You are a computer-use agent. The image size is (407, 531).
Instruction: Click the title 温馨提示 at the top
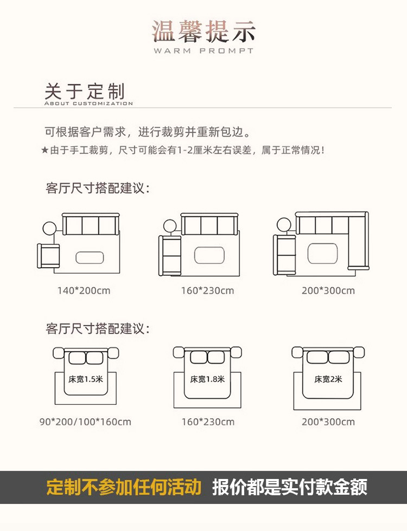pyautogui.click(x=203, y=32)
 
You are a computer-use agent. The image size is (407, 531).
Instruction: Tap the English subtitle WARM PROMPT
pyautogui.click(x=203, y=51)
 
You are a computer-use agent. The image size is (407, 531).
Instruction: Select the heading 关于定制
pyautogui.click(x=85, y=90)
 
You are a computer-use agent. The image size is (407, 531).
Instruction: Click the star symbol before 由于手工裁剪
pyautogui.click(x=44, y=150)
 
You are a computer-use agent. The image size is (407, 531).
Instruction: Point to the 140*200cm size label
pyautogui.click(x=84, y=290)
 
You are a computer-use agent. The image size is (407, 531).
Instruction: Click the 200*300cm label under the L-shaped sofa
pyautogui.click(x=328, y=290)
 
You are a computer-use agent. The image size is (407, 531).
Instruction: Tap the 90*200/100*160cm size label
pyautogui.click(x=85, y=422)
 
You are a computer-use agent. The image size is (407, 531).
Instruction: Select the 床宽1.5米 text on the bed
pyautogui.click(x=86, y=379)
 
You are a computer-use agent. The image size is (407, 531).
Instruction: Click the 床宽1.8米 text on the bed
pyautogui.click(x=207, y=379)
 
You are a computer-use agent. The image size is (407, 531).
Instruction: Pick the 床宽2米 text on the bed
pyautogui.click(x=328, y=379)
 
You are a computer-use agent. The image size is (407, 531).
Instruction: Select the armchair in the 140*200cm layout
pyautogui.click(x=48, y=255)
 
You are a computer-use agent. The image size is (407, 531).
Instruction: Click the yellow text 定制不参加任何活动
pyautogui.click(x=124, y=487)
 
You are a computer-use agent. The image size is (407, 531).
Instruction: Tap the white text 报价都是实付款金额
pyautogui.click(x=289, y=487)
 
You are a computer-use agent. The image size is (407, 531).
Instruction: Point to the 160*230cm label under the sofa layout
pyautogui.click(x=207, y=290)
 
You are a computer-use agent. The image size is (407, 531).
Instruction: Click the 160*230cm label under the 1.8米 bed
pyautogui.click(x=207, y=422)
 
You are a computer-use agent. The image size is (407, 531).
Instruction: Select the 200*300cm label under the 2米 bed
pyautogui.click(x=328, y=422)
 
